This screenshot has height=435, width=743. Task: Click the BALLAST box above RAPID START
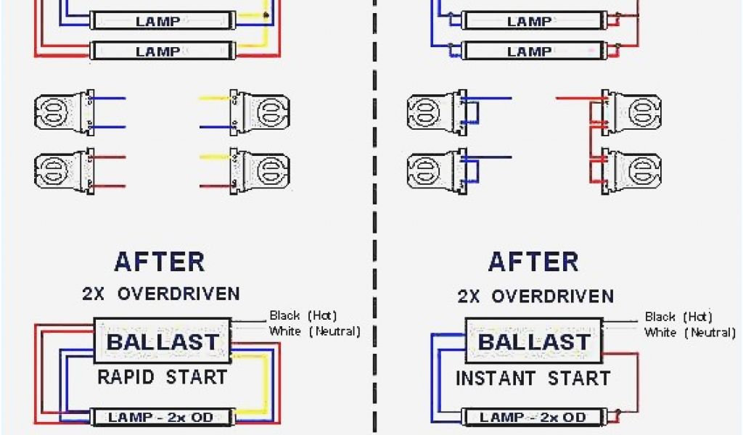(163, 341)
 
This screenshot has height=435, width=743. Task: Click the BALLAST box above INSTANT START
(533, 341)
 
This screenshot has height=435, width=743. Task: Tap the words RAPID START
(163, 377)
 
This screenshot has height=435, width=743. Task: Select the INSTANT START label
(533, 378)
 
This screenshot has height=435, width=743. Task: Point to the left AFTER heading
(159, 261)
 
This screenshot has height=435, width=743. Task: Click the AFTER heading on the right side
(533, 261)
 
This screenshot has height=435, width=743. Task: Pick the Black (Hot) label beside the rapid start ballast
(303, 315)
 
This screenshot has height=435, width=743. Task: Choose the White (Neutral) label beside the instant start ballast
(689, 332)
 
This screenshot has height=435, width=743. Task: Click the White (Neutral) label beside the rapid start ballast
(314, 331)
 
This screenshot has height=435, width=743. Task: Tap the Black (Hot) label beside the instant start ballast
(678, 317)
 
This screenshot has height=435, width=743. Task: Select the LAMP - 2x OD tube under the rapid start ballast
(162, 418)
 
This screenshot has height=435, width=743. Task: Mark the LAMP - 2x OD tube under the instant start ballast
(533, 418)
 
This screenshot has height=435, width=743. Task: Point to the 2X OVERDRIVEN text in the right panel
(535, 296)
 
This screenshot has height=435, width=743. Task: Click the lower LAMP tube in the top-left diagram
(158, 51)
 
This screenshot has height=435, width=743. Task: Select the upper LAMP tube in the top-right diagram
(530, 22)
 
